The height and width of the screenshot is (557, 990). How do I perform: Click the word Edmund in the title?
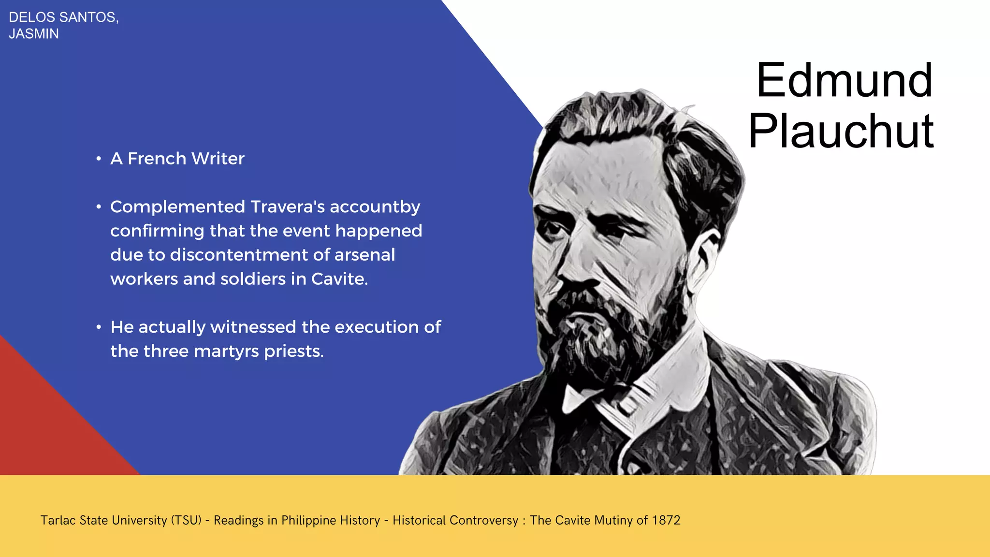(x=844, y=80)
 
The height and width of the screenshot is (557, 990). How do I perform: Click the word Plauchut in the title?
(x=841, y=131)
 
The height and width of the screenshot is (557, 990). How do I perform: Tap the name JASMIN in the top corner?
(x=34, y=34)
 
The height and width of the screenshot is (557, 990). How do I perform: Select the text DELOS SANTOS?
(x=63, y=17)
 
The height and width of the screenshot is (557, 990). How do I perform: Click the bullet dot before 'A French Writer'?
(x=99, y=159)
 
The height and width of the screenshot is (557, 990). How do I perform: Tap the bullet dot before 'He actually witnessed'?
(x=99, y=328)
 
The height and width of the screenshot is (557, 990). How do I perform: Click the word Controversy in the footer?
(x=455, y=520)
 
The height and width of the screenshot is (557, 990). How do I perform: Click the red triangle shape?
(x=44, y=425)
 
